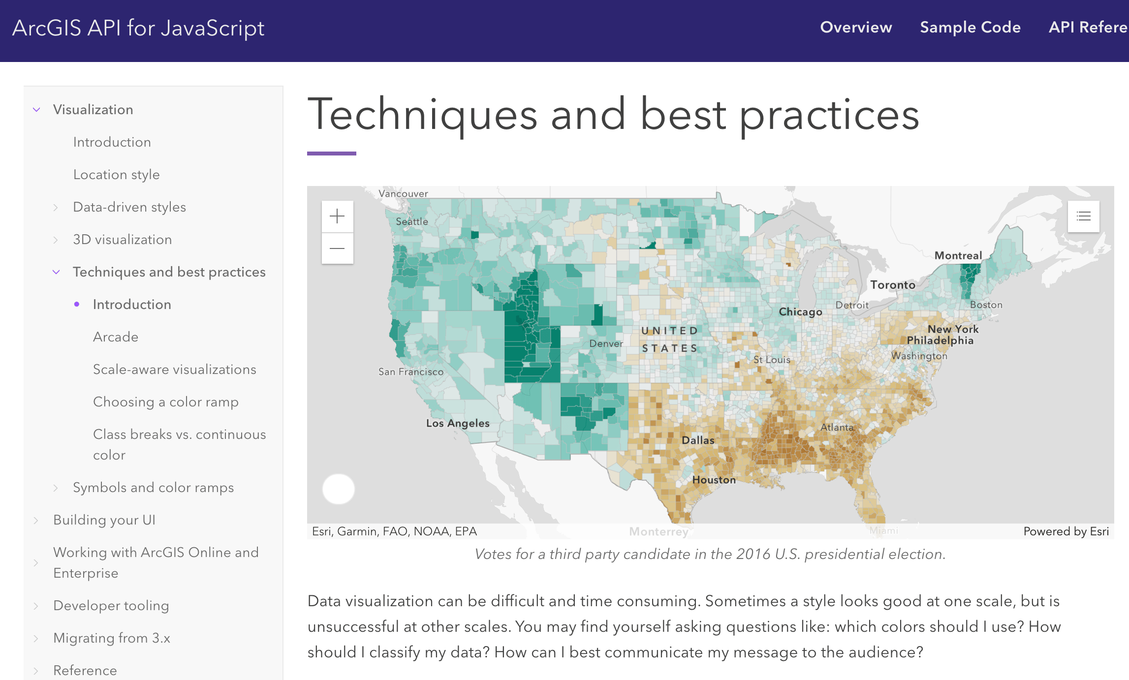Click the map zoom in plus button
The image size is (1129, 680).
coord(337,216)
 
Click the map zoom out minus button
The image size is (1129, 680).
coord(337,248)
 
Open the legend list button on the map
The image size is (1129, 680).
coord(1083,216)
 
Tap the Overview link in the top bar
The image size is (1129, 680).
coord(856,28)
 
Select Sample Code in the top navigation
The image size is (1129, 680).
coord(970,28)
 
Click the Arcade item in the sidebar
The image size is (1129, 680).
coord(116,337)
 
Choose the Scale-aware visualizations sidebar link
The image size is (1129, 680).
coord(174,370)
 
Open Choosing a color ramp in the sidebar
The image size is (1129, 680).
coord(165,402)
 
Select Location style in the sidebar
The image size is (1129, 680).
coord(116,175)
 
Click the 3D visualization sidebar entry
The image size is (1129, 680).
coord(122,240)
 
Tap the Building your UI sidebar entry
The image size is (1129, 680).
coord(104,520)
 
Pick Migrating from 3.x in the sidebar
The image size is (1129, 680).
coord(112,638)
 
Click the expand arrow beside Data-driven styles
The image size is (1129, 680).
coord(56,208)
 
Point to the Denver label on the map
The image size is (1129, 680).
coord(606,343)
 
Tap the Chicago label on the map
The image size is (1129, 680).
coord(800,312)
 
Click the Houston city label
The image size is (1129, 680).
coord(714,480)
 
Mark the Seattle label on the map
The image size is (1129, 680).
coord(412,222)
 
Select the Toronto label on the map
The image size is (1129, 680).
coord(893,285)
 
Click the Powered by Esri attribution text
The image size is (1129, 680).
coord(1066,531)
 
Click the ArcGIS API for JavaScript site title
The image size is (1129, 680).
coord(138,28)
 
